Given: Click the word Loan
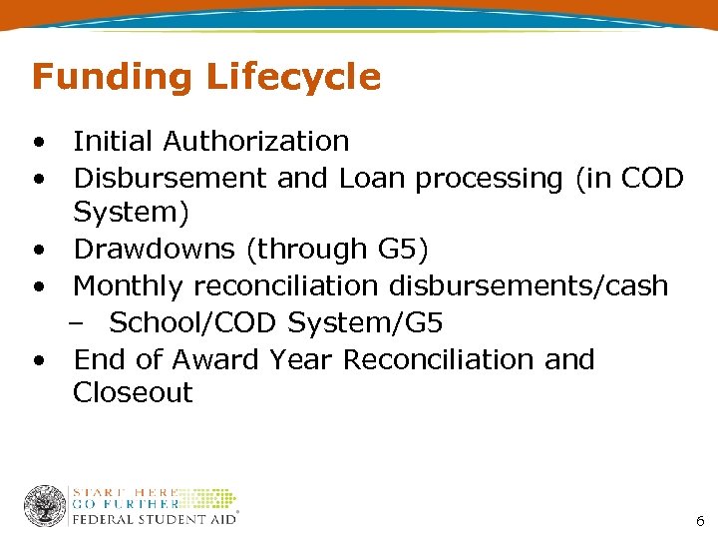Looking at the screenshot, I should tap(373, 179).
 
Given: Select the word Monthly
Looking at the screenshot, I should tap(129, 287).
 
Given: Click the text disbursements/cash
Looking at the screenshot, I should tap(529, 286).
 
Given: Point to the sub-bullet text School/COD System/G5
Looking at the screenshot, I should tap(276, 323).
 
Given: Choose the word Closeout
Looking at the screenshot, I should tap(133, 393).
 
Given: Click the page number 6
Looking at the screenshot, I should tap(700, 521).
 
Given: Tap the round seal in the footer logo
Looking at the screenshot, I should tap(45, 506).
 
